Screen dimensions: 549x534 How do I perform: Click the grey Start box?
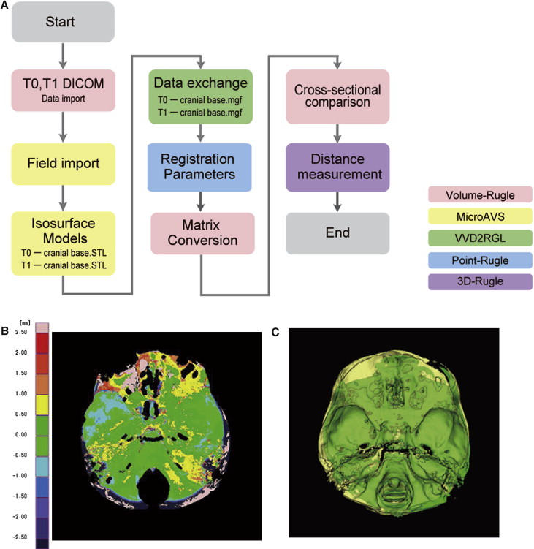[64, 21]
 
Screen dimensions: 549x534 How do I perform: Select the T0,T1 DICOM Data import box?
[64, 90]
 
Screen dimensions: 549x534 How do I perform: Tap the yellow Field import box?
[64, 162]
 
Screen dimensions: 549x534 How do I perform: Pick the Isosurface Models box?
[64, 235]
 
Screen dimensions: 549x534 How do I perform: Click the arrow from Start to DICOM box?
[64, 55]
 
